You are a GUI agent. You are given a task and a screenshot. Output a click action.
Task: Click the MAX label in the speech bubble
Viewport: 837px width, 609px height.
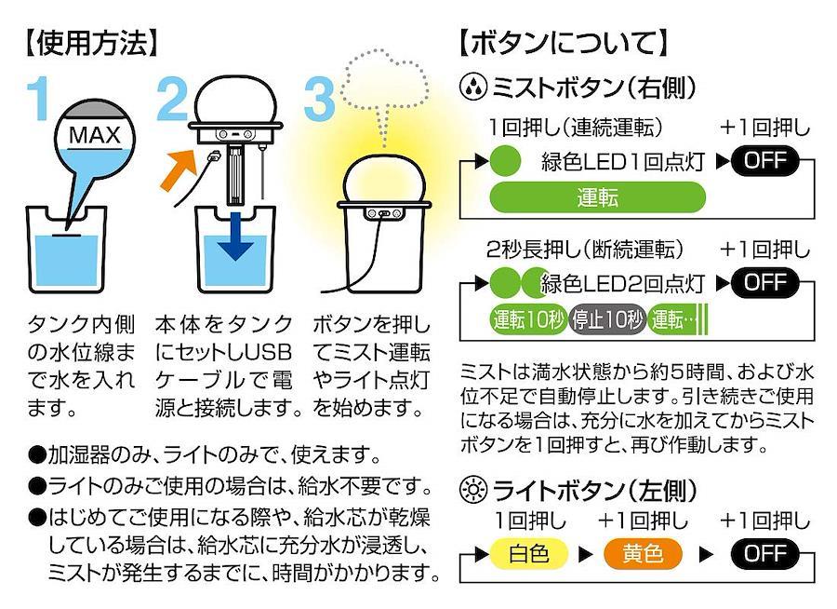tap(95, 136)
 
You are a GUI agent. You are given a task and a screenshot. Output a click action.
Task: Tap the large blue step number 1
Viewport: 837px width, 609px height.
tap(38, 99)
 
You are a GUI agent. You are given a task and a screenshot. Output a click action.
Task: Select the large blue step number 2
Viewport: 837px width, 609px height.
tap(174, 99)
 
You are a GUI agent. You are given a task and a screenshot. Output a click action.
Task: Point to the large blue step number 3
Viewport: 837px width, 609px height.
tap(320, 99)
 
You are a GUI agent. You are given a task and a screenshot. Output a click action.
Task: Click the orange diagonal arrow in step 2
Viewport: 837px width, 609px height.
tap(178, 170)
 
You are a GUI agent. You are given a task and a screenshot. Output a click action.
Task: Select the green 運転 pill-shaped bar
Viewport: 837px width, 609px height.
tap(598, 197)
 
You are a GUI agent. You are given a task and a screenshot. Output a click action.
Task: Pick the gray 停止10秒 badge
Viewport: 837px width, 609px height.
tap(606, 320)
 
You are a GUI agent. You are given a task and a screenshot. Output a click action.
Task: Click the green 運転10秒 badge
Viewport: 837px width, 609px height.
tap(528, 320)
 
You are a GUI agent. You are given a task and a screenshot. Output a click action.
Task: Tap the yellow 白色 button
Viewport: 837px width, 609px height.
tap(528, 554)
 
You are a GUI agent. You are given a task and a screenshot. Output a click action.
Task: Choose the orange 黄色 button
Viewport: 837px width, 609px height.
tap(644, 554)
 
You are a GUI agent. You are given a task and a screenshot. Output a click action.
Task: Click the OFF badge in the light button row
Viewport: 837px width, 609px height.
tap(765, 554)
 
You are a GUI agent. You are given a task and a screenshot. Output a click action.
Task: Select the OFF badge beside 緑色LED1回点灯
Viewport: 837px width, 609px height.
tap(765, 160)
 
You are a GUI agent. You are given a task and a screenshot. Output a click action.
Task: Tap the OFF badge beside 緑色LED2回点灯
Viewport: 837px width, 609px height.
tap(765, 282)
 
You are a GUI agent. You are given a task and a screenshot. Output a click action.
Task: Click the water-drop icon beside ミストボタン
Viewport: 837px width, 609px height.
tap(473, 88)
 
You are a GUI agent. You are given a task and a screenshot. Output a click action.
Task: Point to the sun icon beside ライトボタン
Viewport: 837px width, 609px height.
tap(473, 491)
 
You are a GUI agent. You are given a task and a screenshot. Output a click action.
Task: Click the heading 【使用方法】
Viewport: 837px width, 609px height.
tap(92, 43)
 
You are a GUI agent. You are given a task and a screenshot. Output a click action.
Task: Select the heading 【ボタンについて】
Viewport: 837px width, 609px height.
tap(564, 43)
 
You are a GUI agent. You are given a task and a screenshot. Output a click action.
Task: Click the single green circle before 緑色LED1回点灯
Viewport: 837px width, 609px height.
tap(505, 160)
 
